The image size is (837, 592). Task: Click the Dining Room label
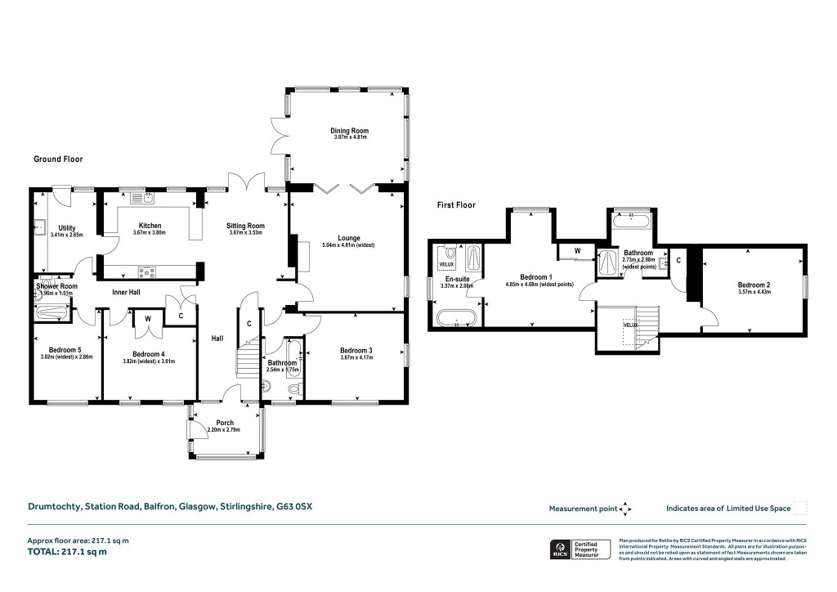coord(350,130)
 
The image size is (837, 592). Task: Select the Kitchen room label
coord(150,226)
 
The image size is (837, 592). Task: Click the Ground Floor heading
coord(58,159)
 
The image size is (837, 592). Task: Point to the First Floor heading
coord(456,205)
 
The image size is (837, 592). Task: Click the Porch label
coord(225,423)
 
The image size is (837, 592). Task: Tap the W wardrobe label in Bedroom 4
coord(148,318)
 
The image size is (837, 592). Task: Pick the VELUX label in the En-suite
coord(446,265)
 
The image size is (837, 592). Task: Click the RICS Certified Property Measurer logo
coord(579,549)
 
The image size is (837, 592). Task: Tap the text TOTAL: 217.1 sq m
coord(67,552)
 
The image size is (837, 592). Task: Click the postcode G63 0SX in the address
coord(293,507)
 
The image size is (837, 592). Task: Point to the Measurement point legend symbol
coord(625,509)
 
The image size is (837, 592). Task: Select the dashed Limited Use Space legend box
coord(799,508)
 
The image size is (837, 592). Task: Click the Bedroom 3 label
coord(356,350)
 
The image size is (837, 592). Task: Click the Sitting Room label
coord(245,226)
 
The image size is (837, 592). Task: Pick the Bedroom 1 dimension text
coord(539,284)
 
